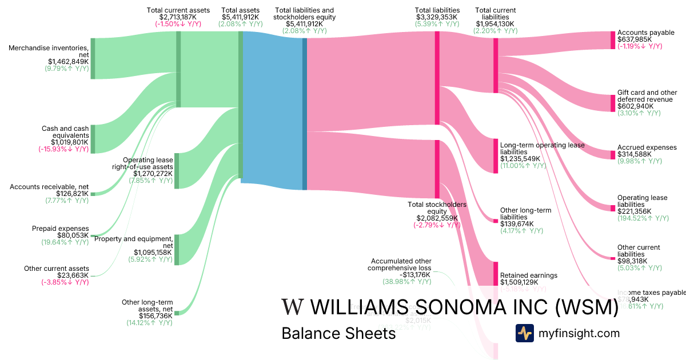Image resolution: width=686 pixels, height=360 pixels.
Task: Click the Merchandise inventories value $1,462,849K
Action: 68,61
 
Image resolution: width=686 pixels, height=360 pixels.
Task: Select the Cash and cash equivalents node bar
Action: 93,139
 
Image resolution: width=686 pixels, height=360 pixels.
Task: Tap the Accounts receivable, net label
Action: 49,187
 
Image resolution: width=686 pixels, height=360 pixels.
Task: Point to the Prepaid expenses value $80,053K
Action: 73,235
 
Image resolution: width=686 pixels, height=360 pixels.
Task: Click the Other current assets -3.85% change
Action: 65,282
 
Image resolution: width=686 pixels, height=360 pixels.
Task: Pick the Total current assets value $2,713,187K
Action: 178,17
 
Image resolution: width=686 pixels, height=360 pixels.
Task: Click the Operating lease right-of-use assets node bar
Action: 177,170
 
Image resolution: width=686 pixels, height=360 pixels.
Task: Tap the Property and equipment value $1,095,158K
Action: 153,252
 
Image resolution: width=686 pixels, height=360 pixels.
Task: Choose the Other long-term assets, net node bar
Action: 177,313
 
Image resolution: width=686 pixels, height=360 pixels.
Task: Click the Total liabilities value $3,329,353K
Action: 437,17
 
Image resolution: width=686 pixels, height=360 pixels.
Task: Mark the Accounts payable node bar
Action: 613,40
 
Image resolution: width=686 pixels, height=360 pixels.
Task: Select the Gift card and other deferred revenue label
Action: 647,96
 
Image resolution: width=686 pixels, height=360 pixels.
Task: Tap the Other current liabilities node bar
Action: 613,258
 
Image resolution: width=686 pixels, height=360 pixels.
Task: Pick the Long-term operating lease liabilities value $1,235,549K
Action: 520,159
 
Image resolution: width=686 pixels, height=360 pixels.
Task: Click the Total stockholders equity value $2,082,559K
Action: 437,218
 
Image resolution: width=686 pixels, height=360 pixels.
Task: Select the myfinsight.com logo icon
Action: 524,333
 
